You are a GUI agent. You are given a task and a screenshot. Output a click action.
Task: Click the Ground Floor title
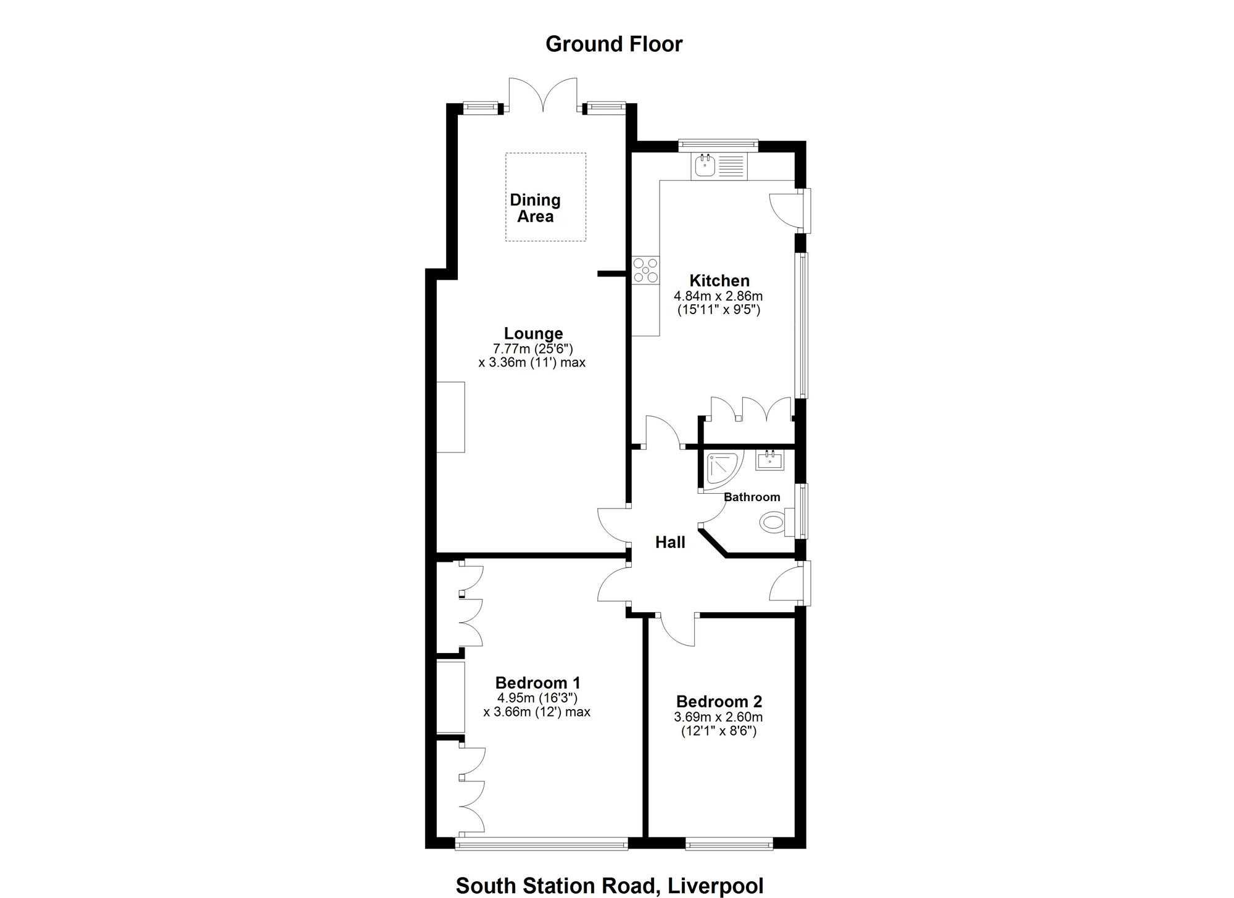click(x=614, y=44)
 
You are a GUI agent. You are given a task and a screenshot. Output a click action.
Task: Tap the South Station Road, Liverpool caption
click(x=610, y=886)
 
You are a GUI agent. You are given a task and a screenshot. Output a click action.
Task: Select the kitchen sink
click(x=719, y=167)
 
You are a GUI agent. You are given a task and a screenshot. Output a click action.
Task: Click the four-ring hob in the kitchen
click(x=646, y=270)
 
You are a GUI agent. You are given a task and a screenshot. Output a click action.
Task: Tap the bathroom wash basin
click(x=770, y=460)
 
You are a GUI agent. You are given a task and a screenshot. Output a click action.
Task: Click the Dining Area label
click(x=535, y=208)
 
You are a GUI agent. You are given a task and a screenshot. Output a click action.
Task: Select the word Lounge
click(x=533, y=333)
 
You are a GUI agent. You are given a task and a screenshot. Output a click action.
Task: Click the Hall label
click(x=670, y=543)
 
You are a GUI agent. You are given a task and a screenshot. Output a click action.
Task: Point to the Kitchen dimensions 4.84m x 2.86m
click(x=719, y=296)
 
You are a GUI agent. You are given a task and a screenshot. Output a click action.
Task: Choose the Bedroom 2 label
click(x=719, y=702)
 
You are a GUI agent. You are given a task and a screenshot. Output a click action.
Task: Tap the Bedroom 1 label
click(x=538, y=683)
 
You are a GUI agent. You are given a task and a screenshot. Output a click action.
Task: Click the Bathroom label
click(x=752, y=497)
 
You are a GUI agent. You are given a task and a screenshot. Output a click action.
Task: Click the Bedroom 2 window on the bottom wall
click(x=729, y=844)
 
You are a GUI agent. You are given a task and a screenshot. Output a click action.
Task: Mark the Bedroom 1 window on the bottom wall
click(x=542, y=844)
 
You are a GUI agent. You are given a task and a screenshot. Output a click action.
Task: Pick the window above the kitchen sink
click(x=718, y=144)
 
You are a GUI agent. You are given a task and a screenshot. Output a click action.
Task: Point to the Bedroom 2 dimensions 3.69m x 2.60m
click(x=719, y=718)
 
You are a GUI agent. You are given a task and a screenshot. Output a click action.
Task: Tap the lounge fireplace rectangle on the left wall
click(x=450, y=417)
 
